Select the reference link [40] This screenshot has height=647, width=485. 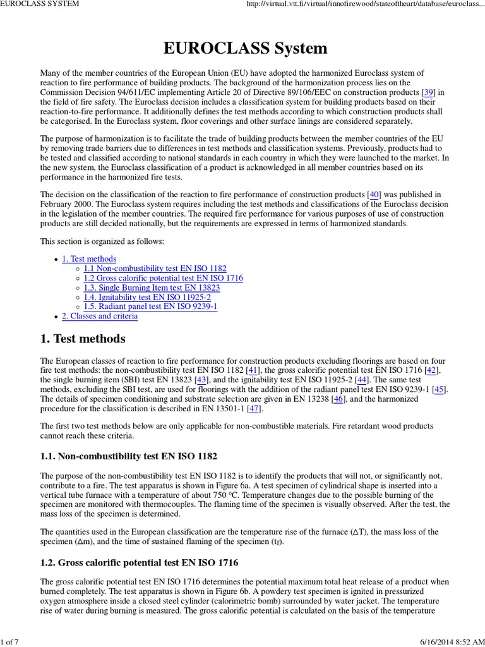374,194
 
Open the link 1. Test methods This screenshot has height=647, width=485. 89,259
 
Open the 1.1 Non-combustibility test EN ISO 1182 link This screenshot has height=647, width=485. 155,269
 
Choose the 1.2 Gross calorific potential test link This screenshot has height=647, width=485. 164,278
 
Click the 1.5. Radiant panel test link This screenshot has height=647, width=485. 150,306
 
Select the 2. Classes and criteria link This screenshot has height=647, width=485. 100,316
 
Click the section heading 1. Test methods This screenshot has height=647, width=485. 83,339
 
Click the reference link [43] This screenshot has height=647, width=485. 203,380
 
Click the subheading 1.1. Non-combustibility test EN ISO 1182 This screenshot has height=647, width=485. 130,456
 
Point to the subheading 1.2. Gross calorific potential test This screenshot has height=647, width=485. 140,562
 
